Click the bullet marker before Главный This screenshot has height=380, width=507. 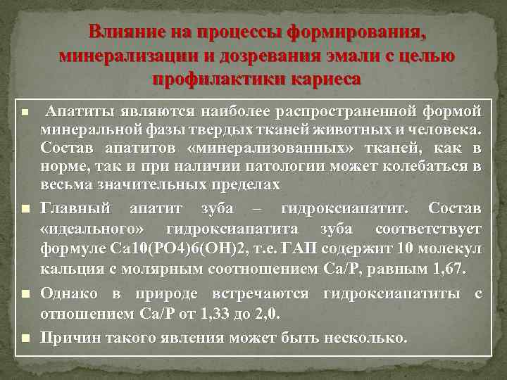pos(25,210)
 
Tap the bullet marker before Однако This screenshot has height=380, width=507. pos(25,293)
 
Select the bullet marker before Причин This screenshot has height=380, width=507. pos(25,338)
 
